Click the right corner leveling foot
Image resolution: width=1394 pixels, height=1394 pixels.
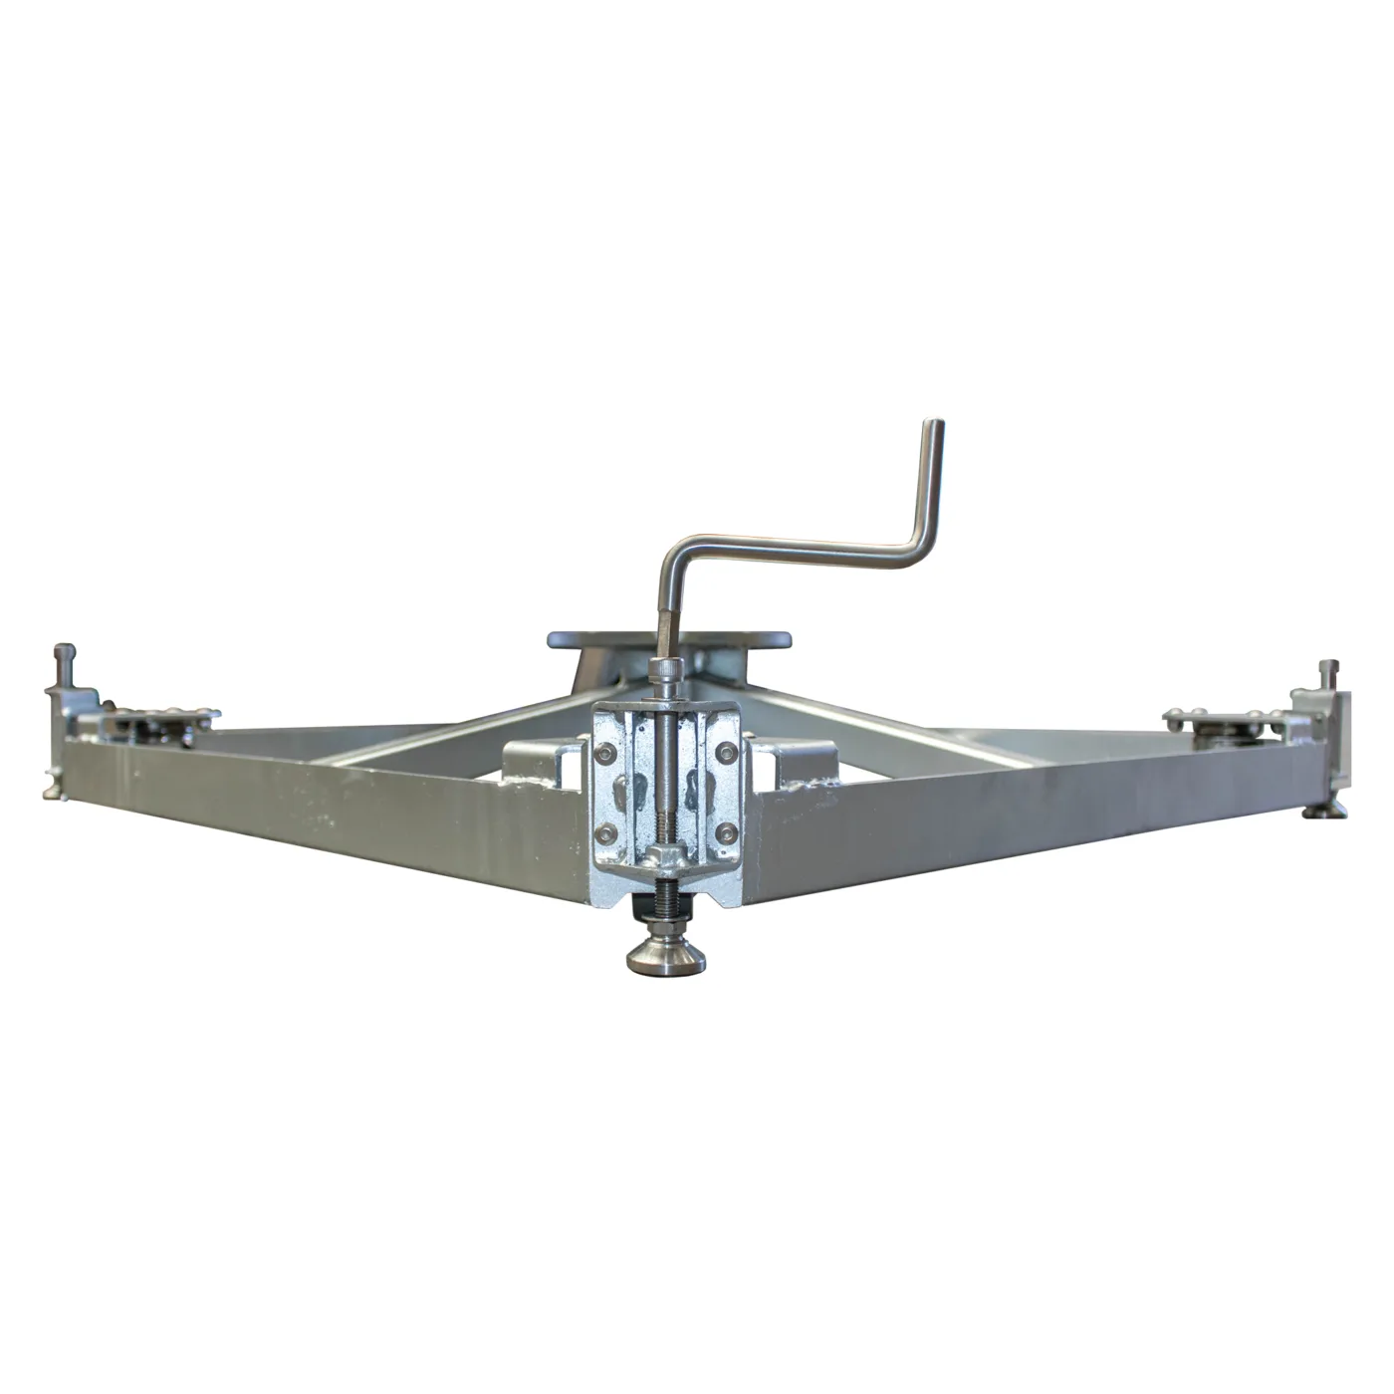coord(1330,813)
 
